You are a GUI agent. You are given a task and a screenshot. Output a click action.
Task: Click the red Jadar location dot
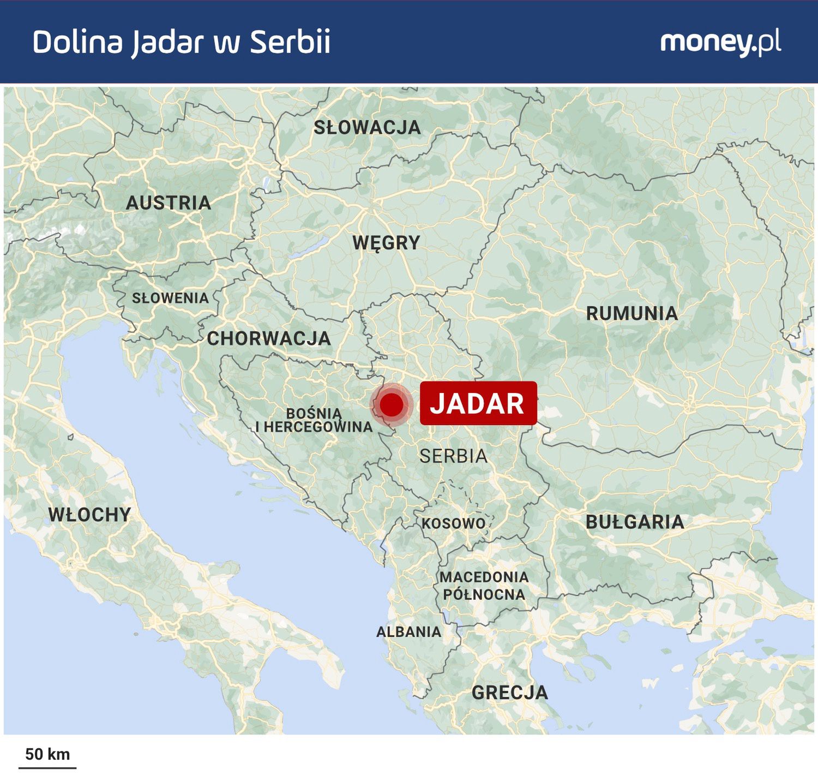tap(392, 405)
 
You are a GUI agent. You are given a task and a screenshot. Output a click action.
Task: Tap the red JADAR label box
tap(478, 403)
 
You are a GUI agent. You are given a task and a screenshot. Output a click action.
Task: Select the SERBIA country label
tap(453, 456)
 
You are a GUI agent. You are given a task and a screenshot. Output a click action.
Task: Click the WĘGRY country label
tap(386, 243)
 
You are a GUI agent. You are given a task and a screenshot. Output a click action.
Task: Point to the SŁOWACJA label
tap(367, 128)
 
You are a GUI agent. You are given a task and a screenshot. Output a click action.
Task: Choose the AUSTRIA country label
tap(169, 203)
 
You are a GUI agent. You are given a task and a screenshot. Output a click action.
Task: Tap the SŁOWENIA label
tap(170, 298)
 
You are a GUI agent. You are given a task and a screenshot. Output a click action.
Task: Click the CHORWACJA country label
tap(269, 338)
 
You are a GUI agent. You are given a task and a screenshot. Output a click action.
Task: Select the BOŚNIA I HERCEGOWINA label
tap(315, 420)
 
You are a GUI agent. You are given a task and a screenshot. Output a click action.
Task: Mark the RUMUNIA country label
tap(632, 313)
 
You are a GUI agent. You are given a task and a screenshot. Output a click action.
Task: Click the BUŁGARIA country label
tap(635, 522)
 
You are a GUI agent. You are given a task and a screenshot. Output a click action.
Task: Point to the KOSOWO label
tap(453, 523)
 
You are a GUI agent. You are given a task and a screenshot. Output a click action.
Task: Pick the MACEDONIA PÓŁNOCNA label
tap(484, 586)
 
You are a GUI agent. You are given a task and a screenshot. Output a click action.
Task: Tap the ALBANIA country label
tap(408, 632)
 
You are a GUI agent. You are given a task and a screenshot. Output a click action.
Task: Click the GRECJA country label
tap(509, 693)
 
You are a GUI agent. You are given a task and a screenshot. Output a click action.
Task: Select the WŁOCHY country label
tap(89, 515)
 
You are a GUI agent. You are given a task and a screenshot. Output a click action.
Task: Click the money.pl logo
tap(720, 43)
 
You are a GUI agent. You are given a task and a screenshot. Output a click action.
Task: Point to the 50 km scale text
tap(47, 754)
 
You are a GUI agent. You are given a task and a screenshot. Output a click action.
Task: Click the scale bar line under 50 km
tap(47, 767)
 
